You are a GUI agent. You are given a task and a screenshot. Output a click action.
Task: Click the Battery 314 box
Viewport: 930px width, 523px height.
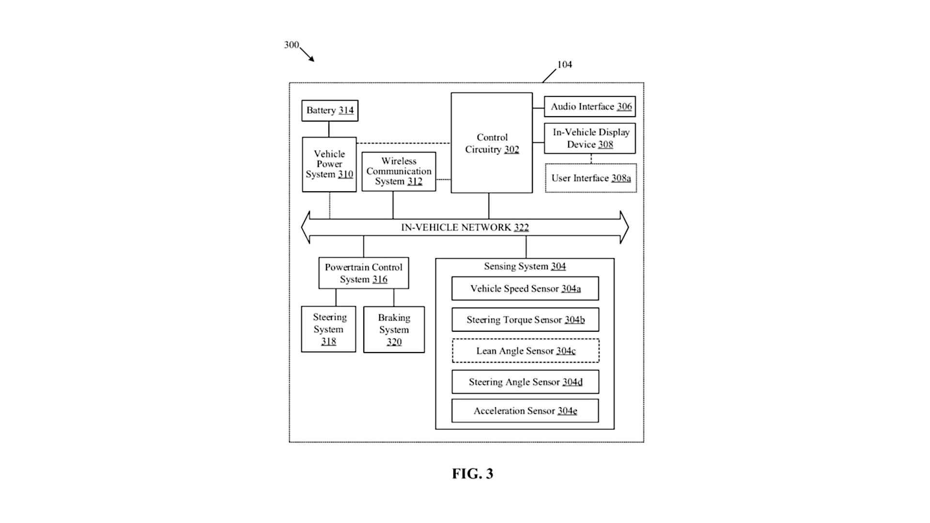point(329,110)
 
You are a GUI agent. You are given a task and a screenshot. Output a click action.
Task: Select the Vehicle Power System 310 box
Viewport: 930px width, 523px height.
point(329,164)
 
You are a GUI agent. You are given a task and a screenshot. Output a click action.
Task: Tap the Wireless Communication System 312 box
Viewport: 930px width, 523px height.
point(399,171)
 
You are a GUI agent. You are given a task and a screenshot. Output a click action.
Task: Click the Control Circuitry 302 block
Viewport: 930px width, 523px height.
point(492,143)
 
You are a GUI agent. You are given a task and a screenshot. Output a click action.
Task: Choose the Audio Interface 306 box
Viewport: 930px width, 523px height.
point(589,107)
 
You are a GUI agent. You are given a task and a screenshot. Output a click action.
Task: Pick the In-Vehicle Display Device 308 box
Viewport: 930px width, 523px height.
point(589,138)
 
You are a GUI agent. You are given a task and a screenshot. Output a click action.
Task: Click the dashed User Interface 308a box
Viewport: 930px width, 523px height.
point(591,178)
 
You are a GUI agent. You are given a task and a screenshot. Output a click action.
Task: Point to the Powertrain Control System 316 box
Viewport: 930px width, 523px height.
point(363,273)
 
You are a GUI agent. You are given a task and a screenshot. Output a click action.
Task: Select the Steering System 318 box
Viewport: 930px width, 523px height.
point(328,329)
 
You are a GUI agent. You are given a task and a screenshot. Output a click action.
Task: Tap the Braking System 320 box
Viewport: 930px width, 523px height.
point(394,330)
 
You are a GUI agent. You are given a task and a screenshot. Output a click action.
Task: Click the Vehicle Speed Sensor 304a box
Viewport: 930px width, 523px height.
point(525,289)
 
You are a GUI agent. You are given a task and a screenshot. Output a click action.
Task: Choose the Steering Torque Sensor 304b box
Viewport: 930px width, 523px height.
point(525,320)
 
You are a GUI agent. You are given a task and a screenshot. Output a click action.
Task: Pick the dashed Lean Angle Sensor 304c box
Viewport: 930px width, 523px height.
point(526,351)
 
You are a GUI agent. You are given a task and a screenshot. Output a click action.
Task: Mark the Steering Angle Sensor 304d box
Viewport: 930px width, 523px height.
point(525,382)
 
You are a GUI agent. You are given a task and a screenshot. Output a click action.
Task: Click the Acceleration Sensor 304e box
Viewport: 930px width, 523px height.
point(525,411)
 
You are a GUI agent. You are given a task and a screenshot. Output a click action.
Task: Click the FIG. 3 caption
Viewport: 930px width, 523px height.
point(472,474)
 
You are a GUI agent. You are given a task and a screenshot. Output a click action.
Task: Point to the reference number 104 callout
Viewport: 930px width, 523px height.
point(564,65)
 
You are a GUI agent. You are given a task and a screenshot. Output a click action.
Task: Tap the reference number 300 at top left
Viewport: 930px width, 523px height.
point(291,45)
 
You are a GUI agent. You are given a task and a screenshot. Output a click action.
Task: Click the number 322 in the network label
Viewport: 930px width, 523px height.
point(521,228)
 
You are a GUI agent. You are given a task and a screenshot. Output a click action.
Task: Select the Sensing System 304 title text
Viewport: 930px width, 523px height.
point(525,266)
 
